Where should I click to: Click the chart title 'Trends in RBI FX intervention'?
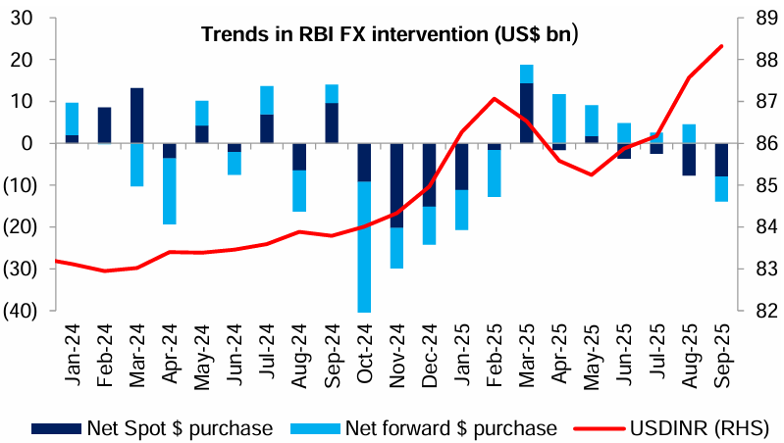[x=390, y=35]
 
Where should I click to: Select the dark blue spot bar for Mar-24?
[x=137, y=116]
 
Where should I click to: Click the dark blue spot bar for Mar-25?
[x=527, y=114]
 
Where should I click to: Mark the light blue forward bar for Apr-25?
[x=559, y=119]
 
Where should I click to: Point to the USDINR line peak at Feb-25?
[x=495, y=98]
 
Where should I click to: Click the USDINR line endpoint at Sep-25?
[x=722, y=45]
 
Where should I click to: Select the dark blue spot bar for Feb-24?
[x=105, y=125]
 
